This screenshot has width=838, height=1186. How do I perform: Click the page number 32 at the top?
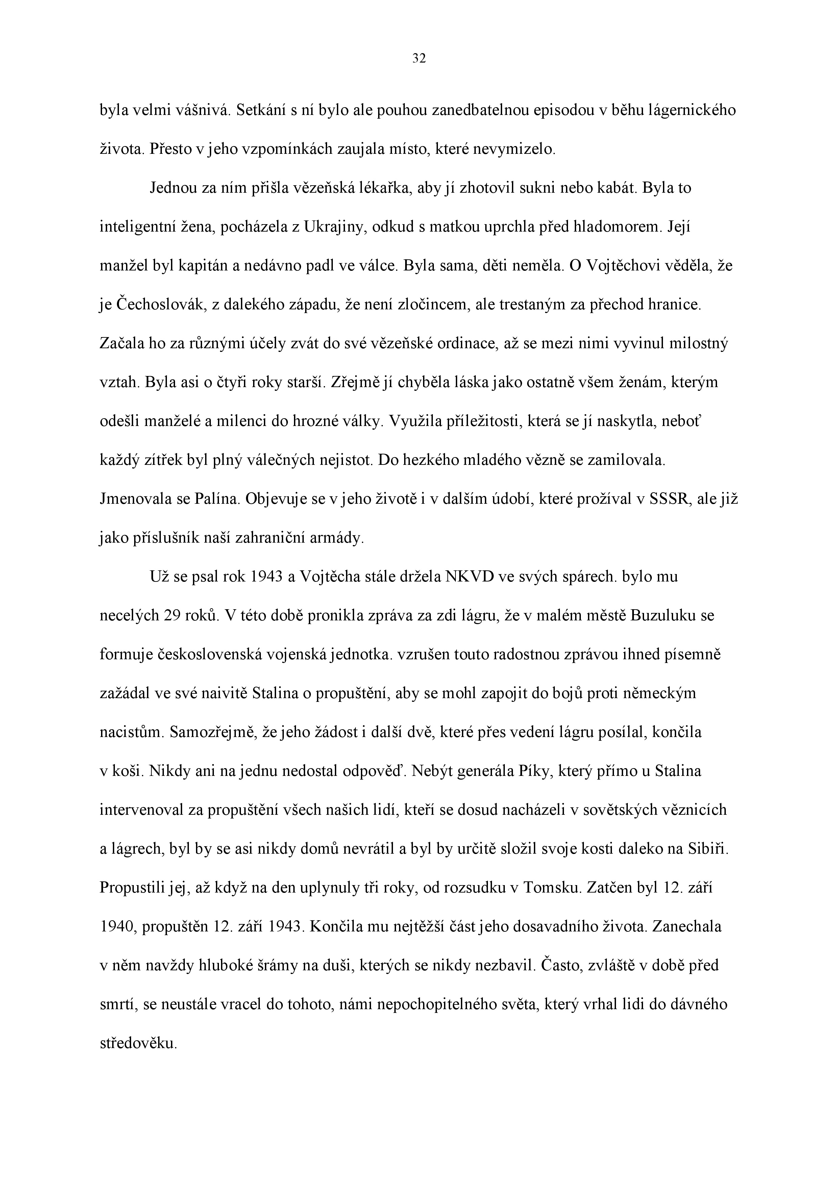click(419, 59)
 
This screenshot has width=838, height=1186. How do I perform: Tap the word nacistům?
click(124, 733)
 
